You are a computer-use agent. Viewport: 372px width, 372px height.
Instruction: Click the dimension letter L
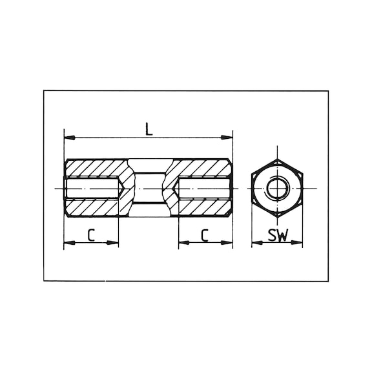(149, 129)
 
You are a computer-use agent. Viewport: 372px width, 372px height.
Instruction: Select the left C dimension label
(91, 235)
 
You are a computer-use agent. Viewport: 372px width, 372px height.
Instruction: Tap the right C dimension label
(205, 235)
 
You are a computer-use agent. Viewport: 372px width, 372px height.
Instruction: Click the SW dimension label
(278, 235)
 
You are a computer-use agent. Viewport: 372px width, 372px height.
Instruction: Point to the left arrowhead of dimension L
(70, 138)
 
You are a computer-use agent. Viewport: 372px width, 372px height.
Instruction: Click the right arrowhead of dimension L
(227, 138)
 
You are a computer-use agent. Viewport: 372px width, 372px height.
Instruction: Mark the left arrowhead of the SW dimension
(257, 243)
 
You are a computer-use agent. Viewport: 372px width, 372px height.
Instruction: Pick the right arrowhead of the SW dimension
(297, 242)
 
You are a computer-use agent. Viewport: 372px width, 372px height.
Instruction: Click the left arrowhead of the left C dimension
(70, 243)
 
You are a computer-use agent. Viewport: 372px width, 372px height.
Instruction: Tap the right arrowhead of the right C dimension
(227, 242)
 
